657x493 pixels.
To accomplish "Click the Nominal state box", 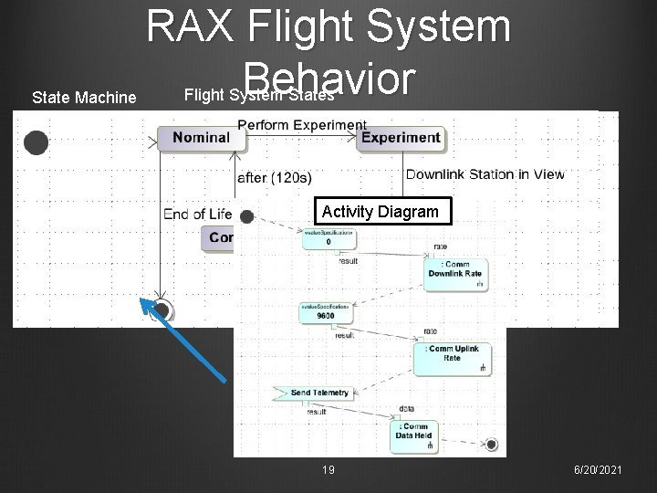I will (201, 137).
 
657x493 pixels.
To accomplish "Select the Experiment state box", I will (401, 137).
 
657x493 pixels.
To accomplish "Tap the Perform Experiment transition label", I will (302, 124).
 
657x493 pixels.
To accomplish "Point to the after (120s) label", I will (274, 176).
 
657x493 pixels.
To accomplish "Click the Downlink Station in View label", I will (485, 174).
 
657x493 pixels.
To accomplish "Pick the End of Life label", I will (197, 214).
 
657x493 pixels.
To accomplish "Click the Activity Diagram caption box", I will (381, 212).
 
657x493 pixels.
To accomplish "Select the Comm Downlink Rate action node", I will (456, 270).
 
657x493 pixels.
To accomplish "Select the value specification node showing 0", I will (328, 239).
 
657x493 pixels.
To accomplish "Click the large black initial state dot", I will (36, 143).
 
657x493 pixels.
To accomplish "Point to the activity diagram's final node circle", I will (492, 445).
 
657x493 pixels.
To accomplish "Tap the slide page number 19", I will (329, 469).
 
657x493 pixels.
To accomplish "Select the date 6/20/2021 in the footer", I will (599, 469).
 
